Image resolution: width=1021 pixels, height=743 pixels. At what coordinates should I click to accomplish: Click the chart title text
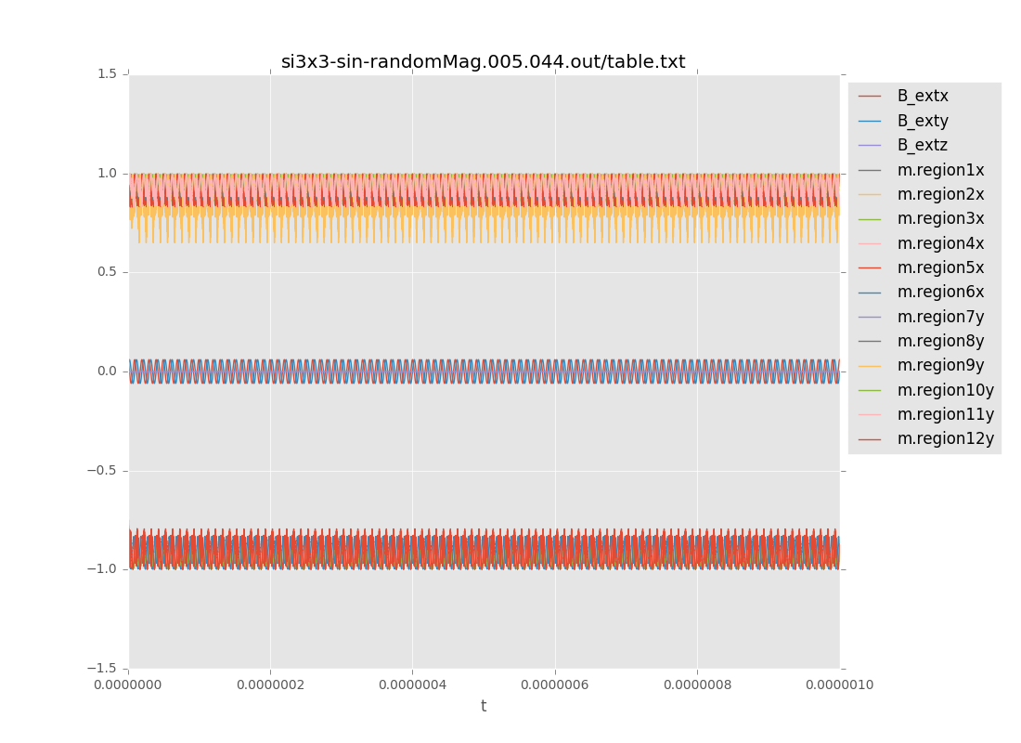pos(483,62)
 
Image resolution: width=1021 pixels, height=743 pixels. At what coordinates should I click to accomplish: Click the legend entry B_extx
pos(922,96)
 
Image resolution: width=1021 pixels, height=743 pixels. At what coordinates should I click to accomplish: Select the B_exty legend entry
pos(922,121)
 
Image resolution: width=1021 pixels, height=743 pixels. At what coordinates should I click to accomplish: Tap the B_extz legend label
pos(922,145)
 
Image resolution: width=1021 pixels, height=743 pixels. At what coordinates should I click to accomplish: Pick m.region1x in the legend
pos(939,170)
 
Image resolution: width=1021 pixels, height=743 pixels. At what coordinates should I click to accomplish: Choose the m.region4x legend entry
pos(939,243)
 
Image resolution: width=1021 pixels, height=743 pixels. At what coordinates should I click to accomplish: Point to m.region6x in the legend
pos(939,292)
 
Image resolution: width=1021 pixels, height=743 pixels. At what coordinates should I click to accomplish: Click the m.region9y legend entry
pos(939,365)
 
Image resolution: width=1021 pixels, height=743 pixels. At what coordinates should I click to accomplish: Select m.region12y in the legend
pos(945,438)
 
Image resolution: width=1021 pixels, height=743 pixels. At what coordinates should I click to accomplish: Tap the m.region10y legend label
pos(945,390)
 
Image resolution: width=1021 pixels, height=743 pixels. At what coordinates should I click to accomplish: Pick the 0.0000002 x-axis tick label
pos(270,685)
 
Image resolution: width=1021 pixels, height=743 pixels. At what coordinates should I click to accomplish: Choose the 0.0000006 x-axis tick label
pos(555,685)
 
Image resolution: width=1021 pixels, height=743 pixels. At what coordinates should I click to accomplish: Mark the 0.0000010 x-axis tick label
pos(839,685)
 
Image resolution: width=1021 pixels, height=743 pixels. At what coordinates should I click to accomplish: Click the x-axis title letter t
pos(484,707)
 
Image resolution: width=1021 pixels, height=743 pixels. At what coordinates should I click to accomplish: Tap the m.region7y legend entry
pos(939,317)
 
